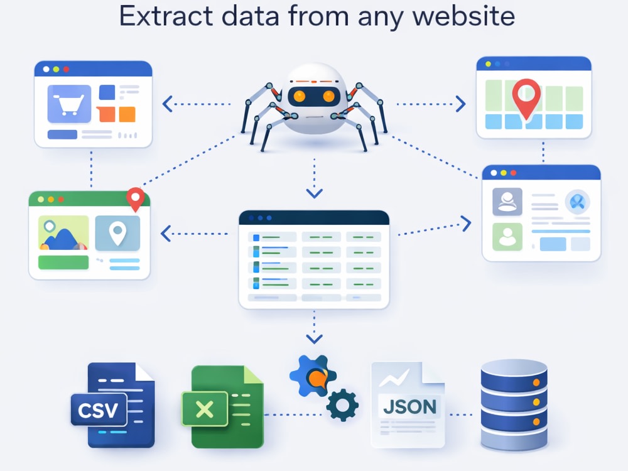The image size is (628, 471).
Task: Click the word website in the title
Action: point(463,16)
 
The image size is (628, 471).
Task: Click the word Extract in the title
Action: point(166,16)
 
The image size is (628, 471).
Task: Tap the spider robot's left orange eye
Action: point(299,95)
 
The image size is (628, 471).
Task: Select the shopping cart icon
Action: point(70,104)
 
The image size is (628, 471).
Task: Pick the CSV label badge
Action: point(99,409)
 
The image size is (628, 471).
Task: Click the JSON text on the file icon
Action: point(409,407)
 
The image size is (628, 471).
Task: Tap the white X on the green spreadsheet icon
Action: point(205,409)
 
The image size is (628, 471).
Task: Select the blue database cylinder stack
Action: point(514,404)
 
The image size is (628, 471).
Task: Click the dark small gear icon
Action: point(342,405)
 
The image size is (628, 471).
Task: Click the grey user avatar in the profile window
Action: point(507,202)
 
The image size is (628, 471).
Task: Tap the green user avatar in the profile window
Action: point(507,237)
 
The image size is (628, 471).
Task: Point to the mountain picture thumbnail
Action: point(63,233)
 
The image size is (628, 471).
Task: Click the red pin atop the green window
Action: point(136,199)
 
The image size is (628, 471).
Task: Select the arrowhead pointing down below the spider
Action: point(315,194)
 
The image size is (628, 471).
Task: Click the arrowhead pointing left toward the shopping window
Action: point(167,104)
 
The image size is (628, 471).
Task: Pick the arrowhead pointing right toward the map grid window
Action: point(461,104)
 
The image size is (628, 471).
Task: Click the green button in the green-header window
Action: point(63,263)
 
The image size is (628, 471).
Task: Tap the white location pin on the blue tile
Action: point(117,233)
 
